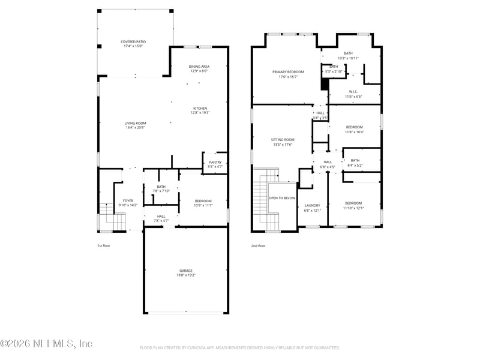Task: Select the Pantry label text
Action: point(215,162)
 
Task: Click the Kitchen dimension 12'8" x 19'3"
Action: point(200,113)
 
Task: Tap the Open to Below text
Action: point(281,197)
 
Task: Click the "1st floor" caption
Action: point(104,245)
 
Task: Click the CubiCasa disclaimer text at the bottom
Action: point(240,347)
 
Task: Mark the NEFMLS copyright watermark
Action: point(46,344)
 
